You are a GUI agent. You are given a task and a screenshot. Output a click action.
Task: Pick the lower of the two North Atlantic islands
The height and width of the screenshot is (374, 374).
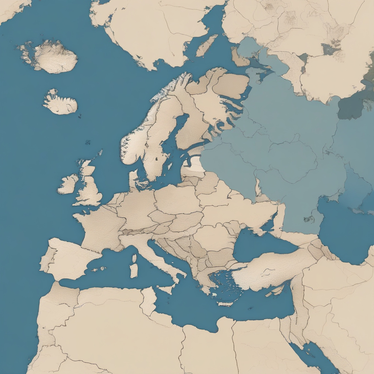(61, 103)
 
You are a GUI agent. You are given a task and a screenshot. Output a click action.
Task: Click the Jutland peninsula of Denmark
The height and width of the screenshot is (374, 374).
(133, 179)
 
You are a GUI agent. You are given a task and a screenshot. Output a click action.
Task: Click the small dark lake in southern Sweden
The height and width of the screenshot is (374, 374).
(156, 159)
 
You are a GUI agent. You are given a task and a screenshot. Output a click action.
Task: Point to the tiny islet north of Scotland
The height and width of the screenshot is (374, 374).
(88, 142)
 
